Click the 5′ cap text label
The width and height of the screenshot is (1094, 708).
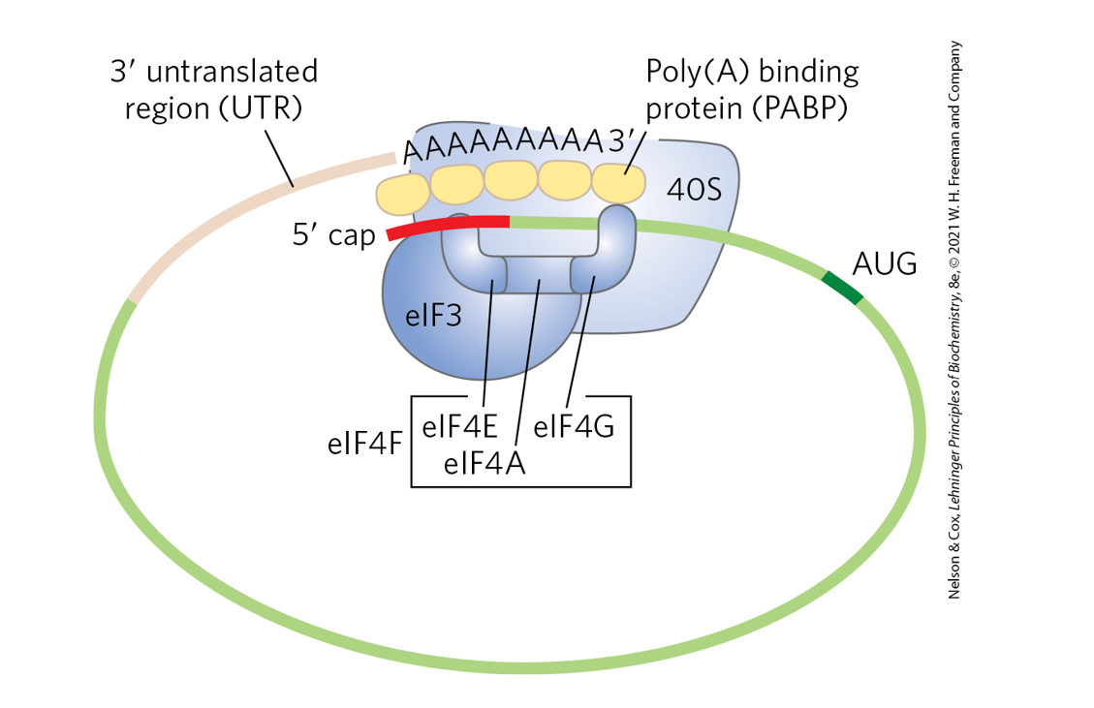point(333,235)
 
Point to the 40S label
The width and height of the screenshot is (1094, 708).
point(694,189)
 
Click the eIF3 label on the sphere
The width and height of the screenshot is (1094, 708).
point(431,317)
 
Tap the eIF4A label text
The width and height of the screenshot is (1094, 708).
point(484,464)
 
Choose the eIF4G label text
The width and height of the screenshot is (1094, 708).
point(574,427)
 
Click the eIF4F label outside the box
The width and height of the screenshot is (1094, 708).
point(363,445)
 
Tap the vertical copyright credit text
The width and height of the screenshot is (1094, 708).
point(954,320)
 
